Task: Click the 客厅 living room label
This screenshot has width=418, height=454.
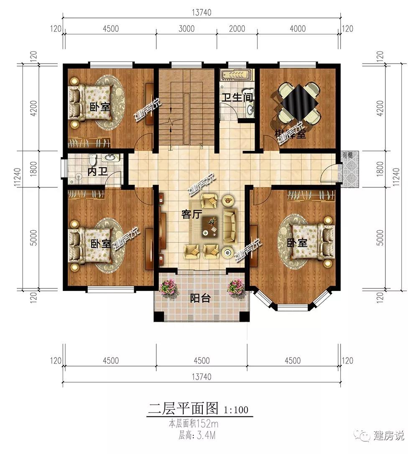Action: pos(192,214)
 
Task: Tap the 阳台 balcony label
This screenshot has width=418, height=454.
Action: pos(200,298)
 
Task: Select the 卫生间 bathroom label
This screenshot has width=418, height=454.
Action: pos(237,98)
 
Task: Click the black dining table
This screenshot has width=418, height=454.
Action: pos(299,101)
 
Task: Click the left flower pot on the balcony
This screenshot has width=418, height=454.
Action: pos(169,288)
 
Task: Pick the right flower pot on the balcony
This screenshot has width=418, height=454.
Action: pos(235,288)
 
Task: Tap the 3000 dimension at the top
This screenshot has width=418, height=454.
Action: pos(186,29)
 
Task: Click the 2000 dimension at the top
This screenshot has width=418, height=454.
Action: pos(237,29)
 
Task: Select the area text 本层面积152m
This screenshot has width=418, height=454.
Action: pos(194,424)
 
